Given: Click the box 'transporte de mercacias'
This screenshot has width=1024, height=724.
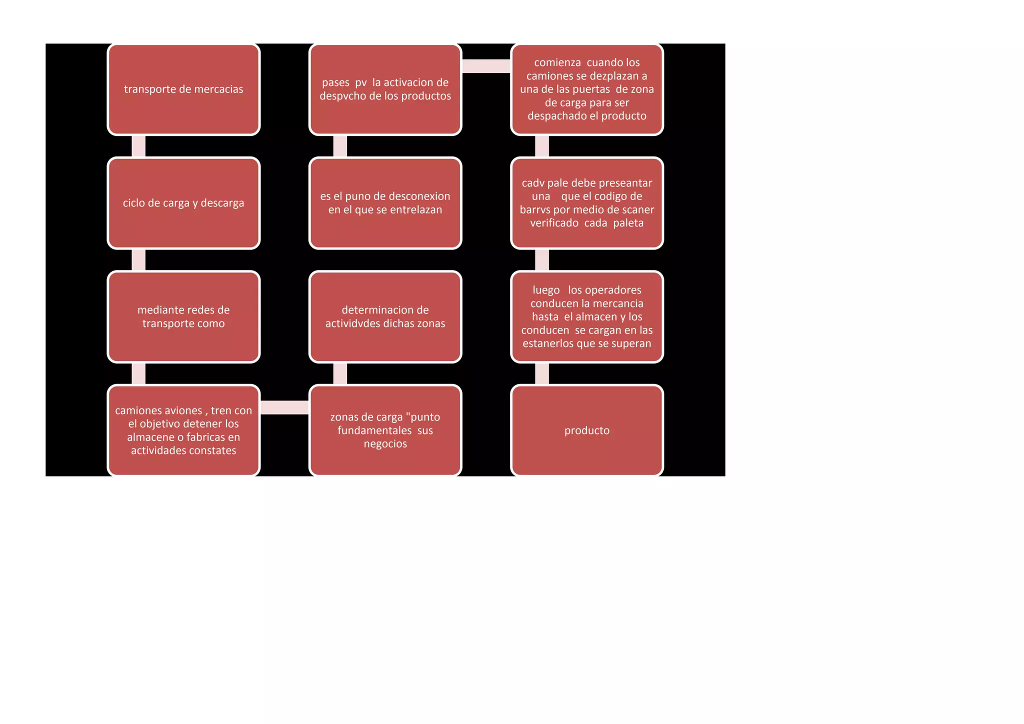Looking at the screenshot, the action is (183, 89).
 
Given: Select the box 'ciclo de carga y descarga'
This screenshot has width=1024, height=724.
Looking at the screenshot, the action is (183, 203).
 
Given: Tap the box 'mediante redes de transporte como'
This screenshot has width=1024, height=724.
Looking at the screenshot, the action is (183, 316).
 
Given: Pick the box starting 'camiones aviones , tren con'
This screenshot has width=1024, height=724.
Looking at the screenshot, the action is (183, 430).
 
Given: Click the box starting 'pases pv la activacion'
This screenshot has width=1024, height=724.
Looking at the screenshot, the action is (385, 89).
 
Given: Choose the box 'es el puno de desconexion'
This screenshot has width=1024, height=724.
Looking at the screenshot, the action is (385, 203).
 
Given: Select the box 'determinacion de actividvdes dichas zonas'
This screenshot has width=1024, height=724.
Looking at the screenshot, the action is (385, 316).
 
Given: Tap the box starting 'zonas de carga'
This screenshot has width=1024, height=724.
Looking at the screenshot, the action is (385, 430).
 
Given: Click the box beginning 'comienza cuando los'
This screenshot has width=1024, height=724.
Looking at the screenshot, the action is (587, 89).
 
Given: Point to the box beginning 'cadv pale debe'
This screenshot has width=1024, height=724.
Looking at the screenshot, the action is (587, 203).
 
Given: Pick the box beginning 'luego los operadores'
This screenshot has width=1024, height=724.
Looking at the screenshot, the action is (587, 316).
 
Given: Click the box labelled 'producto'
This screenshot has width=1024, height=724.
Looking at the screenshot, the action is (587, 430).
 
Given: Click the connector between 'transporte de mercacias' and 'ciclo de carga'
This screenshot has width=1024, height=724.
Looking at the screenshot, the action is (138, 146).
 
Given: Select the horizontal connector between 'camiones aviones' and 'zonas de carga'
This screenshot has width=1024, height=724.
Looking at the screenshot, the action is (284, 407).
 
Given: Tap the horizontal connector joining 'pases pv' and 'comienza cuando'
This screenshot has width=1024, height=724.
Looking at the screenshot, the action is (486, 66).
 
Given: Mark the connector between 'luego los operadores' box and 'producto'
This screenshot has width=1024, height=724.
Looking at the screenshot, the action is (542, 373).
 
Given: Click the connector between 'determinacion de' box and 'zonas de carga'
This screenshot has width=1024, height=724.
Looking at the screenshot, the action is (340, 373).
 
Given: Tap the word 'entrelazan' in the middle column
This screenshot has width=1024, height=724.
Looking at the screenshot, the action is (416, 210).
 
